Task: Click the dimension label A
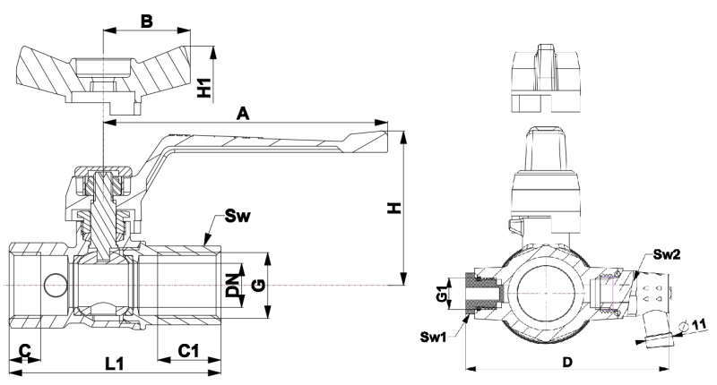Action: click(241, 114)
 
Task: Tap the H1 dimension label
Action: click(205, 86)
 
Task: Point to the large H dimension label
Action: click(393, 209)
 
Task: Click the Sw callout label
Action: click(238, 215)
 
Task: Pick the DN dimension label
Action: click(233, 285)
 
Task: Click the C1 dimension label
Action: click(188, 350)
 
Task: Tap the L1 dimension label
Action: click(115, 364)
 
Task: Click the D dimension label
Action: click(566, 362)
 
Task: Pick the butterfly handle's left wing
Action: click(45, 71)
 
